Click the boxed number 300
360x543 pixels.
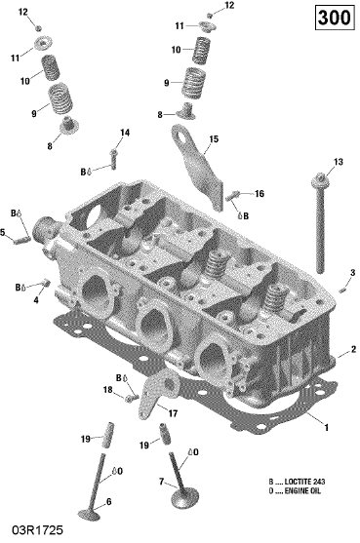335,18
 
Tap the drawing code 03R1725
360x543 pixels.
38,530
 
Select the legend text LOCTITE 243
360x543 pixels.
305,482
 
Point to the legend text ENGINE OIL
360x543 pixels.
302,490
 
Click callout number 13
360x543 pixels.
339,162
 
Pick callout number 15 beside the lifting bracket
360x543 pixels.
214,139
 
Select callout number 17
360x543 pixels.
173,413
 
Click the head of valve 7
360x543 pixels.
185,497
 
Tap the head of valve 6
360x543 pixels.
89,515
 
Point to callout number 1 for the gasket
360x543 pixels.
326,428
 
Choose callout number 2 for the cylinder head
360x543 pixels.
353,349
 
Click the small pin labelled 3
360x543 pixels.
342,289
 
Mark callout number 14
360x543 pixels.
125,133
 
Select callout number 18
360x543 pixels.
107,390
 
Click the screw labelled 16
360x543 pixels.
233,196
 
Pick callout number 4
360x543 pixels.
36,300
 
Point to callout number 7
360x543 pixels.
161,482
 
